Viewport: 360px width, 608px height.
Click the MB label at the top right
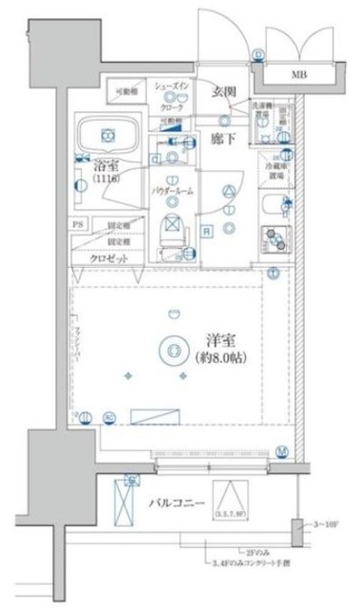pos(298,73)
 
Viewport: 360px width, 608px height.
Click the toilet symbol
pos(172,231)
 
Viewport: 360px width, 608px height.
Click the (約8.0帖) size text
pos(219,361)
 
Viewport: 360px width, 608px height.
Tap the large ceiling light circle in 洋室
pos(172,350)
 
